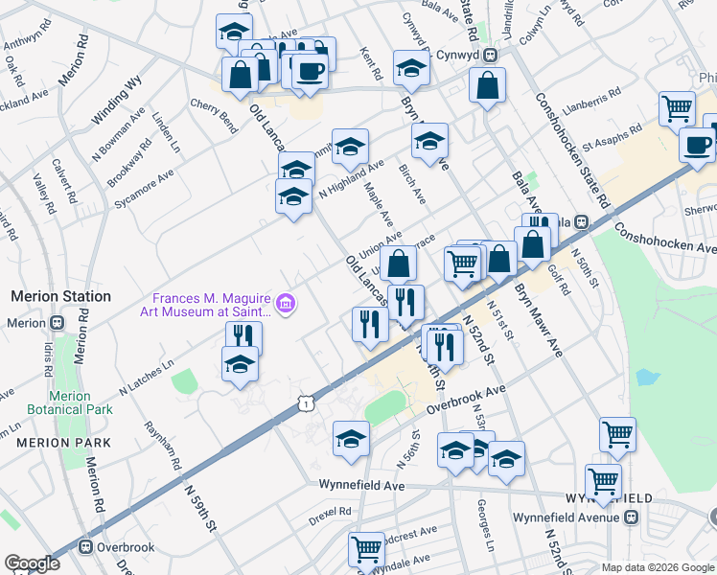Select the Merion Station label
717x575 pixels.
(60, 297)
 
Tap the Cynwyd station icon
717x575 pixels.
(489, 56)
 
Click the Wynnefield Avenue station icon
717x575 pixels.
(631, 517)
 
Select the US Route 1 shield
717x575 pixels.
(305, 405)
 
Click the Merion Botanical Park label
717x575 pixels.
(70, 401)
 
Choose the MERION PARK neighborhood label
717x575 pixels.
(63, 443)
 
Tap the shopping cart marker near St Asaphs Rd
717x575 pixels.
(677, 109)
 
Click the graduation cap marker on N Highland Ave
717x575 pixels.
(350, 148)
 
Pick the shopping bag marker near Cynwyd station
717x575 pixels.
(488, 86)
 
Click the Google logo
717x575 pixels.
(33, 563)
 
